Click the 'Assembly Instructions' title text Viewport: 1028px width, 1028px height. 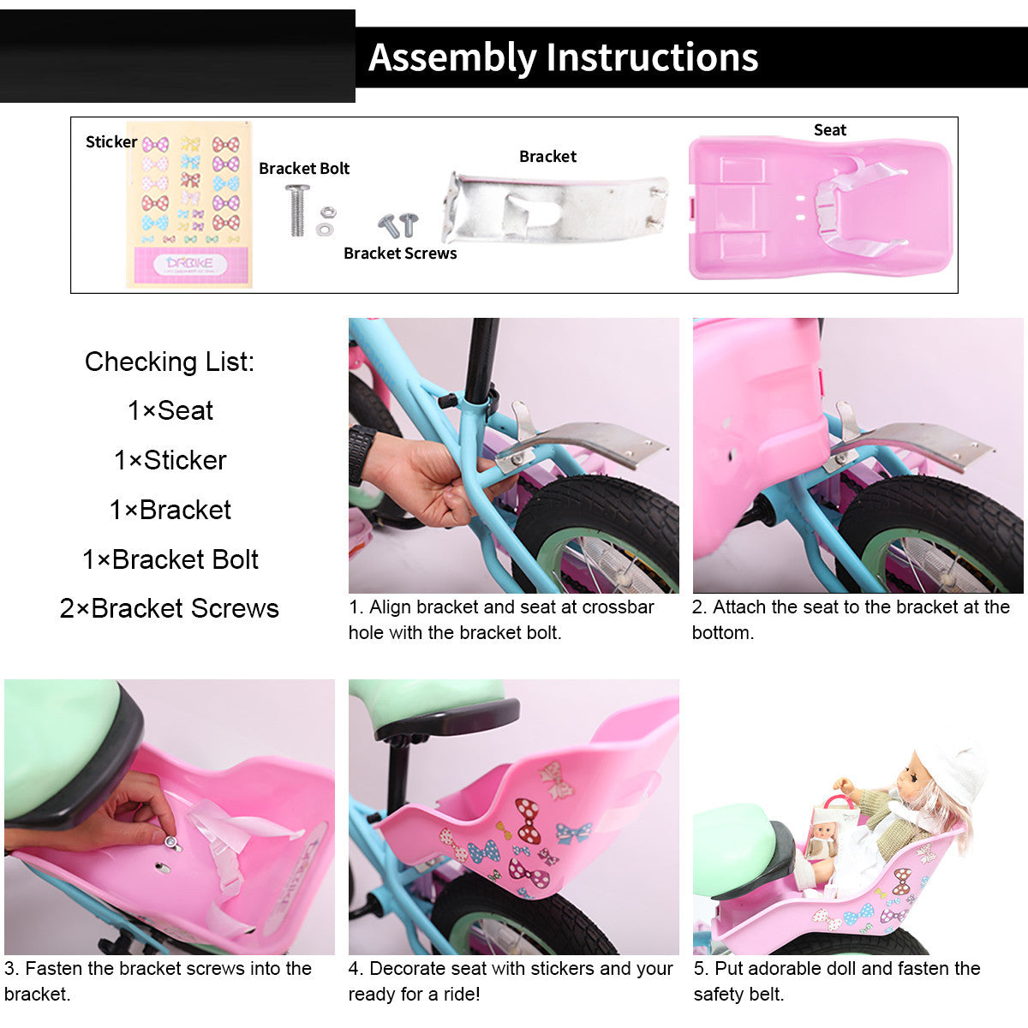pos(563,57)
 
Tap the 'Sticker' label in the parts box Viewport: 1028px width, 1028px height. pos(111,142)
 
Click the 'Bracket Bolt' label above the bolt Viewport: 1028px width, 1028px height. pos(304,169)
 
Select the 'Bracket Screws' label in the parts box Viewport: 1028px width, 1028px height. pos(400,254)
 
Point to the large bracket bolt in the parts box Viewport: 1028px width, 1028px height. pos(297,210)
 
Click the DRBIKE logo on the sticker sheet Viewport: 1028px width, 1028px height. pos(189,264)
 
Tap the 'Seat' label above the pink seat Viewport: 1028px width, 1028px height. pos(830,129)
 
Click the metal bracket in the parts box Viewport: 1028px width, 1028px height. pos(555,208)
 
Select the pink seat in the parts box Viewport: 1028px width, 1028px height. pos(821,207)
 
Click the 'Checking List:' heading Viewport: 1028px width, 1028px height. pos(170,362)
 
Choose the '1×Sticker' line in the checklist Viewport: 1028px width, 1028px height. pos(170,460)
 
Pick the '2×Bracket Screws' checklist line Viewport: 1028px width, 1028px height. pos(169,608)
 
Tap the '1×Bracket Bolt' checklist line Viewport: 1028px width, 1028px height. pos(170,559)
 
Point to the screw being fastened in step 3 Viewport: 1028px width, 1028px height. pos(171,842)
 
